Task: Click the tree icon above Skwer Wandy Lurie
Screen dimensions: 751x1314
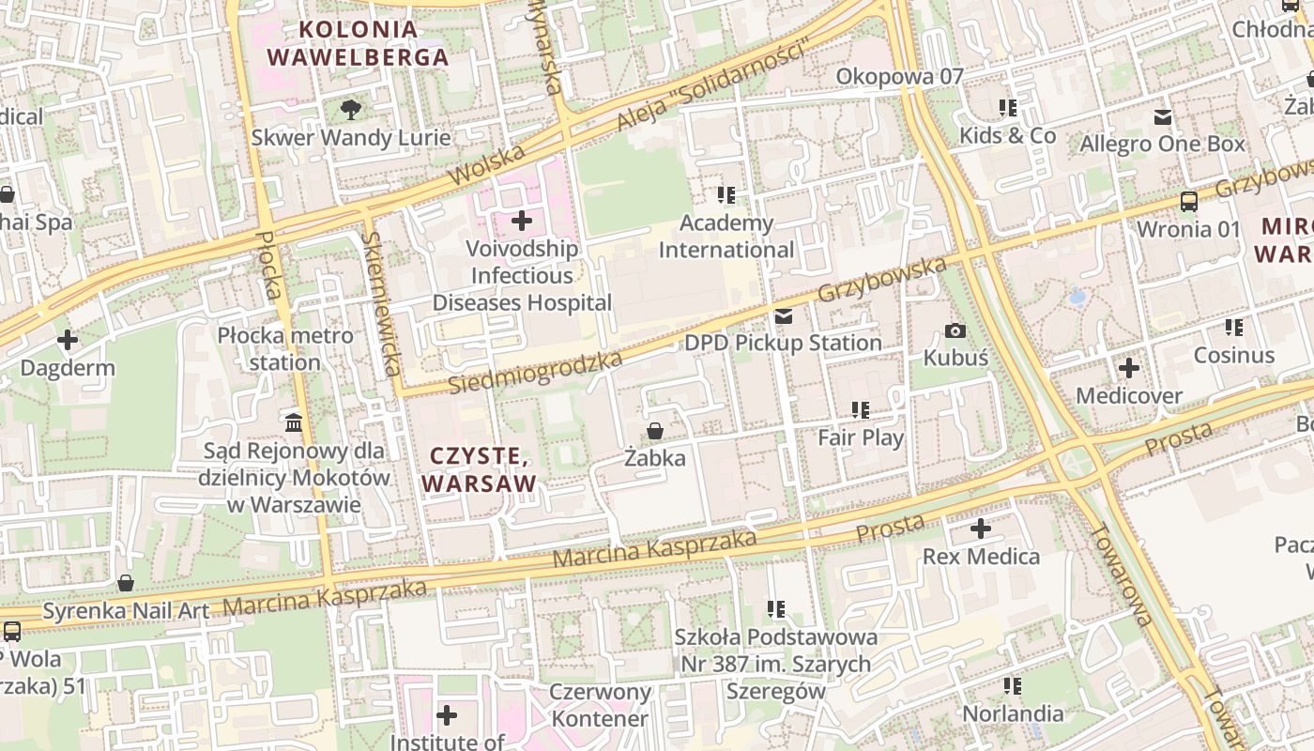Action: pos(350,110)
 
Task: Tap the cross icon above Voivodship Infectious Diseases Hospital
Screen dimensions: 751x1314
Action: pos(522,222)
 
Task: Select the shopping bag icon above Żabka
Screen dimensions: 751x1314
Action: pos(654,431)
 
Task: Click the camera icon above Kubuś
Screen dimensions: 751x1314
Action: pos(955,330)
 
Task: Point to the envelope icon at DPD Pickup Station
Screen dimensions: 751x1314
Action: pos(783,316)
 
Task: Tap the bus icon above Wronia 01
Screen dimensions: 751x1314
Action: pos(1188,202)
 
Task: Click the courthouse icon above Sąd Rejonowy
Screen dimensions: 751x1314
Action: pos(294,423)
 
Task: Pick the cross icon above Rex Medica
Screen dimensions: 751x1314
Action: pos(981,529)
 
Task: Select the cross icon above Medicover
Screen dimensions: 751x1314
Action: pos(1129,368)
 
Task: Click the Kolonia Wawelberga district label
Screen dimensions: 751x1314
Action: pos(358,43)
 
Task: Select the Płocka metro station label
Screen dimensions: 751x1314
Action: pos(285,348)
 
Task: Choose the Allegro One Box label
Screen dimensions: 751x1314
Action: pos(1162,144)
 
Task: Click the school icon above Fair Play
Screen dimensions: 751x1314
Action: pos(861,410)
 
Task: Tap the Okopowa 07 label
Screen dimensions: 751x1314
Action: pos(899,77)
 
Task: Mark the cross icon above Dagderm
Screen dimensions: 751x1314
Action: pos(68,339)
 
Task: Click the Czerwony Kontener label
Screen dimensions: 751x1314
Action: pos(600,706)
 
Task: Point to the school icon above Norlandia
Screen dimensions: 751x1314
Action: pos(1013,686)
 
